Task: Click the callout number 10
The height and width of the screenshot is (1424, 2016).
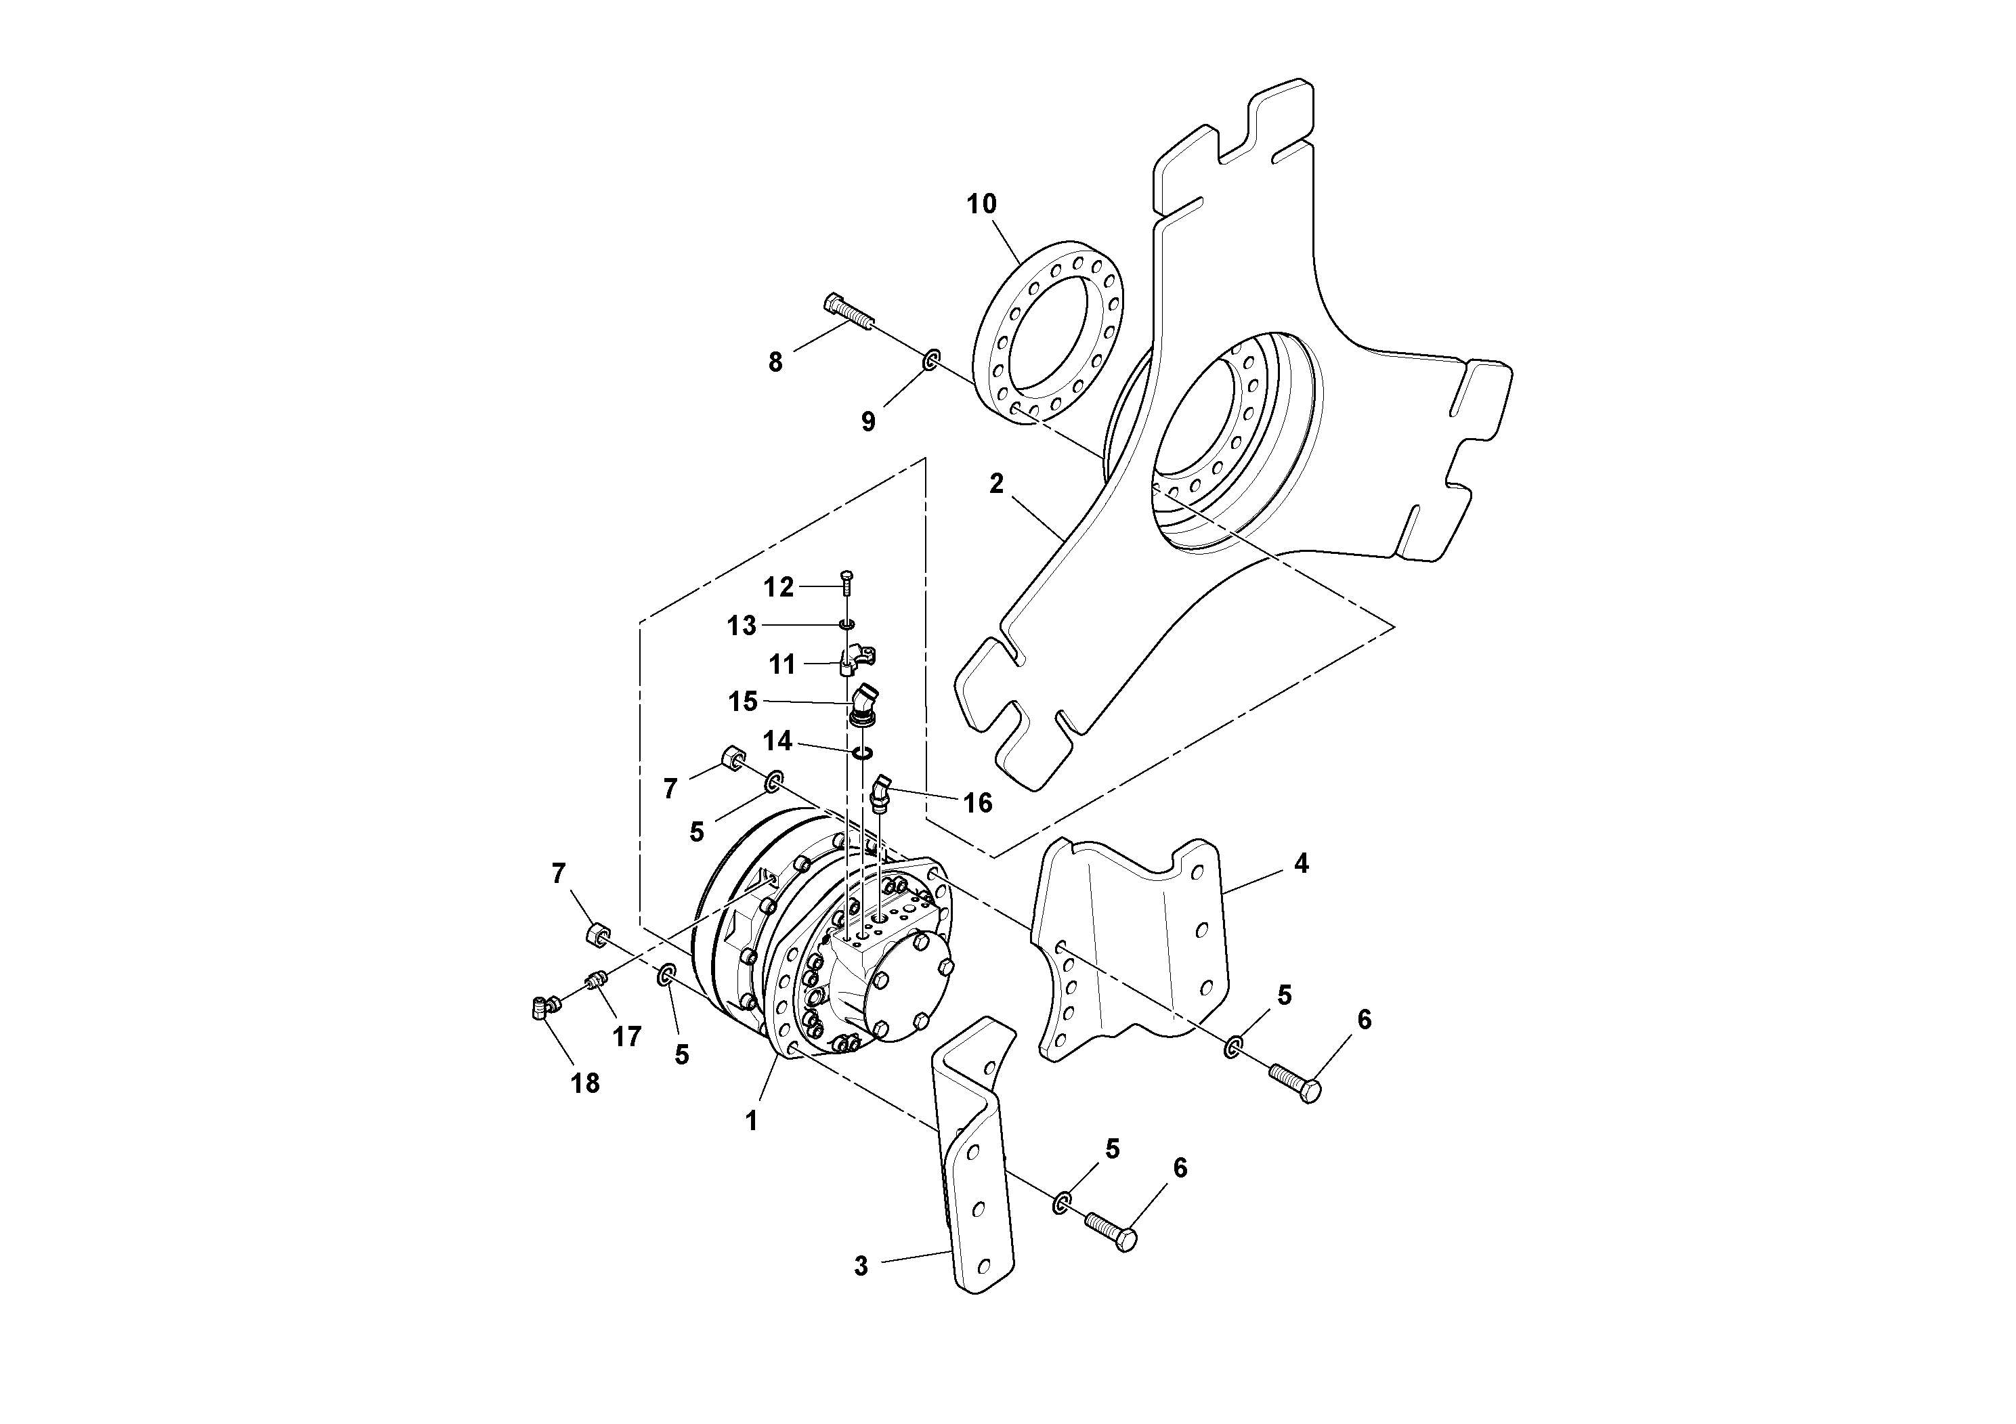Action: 982,204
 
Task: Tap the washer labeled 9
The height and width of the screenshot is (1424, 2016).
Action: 930,360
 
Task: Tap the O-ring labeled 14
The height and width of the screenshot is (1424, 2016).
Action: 862,752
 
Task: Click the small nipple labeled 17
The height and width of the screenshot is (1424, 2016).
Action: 598,980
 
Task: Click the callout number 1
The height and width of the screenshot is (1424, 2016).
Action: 751,1121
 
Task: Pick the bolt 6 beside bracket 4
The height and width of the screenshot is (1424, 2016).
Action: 1295,1078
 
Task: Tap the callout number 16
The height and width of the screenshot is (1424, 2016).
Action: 977,802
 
